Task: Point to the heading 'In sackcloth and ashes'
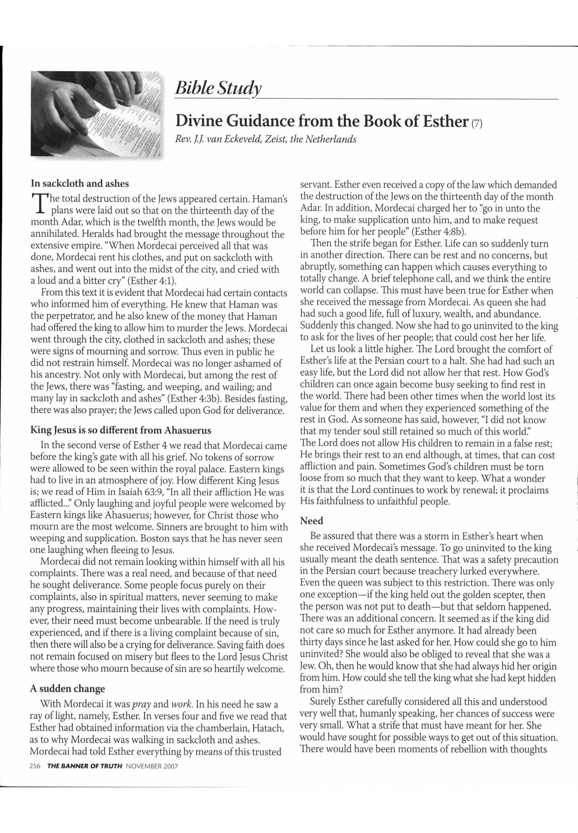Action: pyautogui.click(x=80, y=184)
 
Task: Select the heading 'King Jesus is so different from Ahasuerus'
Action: pyautogui.click(x=121, y=431)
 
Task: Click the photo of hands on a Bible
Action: pyautogui.click(x=96, y=113)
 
